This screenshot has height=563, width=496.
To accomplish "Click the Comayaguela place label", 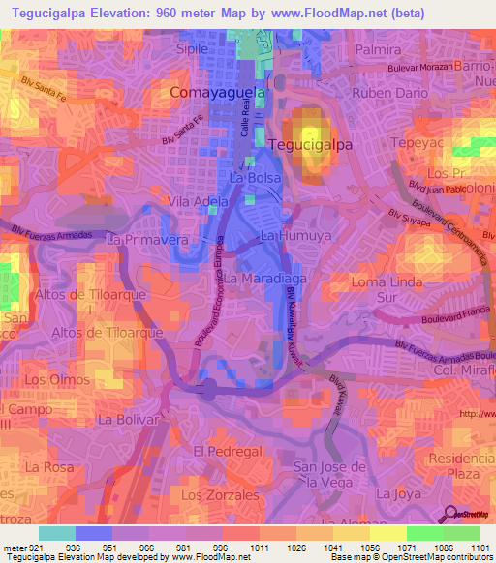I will click(218, 93).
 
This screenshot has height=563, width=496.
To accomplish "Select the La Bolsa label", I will click(255, 179).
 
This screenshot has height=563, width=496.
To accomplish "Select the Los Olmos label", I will click(49, 379).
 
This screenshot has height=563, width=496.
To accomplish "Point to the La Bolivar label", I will click(128, 421).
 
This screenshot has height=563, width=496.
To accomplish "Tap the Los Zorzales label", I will click(220, 494).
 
